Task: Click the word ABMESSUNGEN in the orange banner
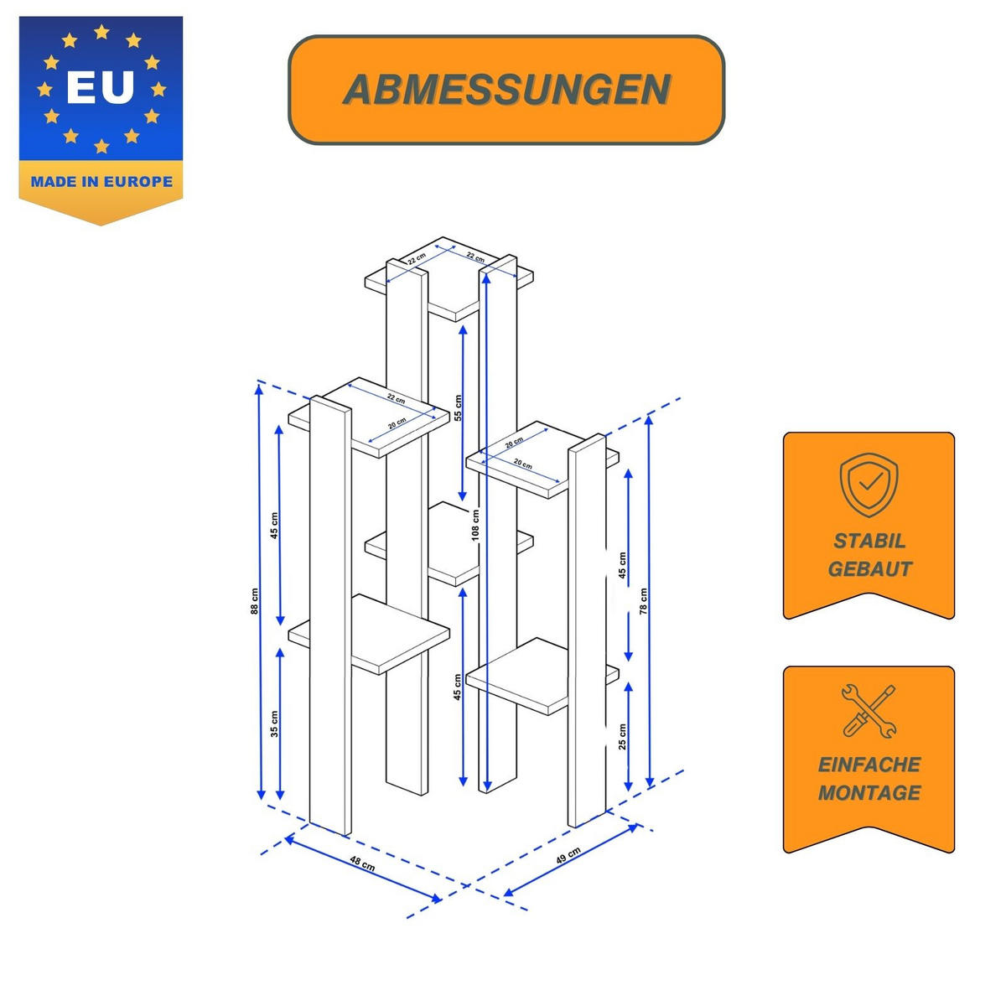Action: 506,89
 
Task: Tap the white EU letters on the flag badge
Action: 101,87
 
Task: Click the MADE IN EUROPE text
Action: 101,182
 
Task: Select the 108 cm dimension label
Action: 475,525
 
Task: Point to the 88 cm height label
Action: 254,601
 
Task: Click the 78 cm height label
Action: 643,601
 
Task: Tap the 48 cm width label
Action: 362,863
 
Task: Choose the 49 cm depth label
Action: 568,856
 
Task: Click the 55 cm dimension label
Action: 458,407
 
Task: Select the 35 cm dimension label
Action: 275,723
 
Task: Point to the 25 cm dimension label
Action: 622,737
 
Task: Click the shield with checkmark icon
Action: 869,485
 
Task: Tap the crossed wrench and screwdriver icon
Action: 869,711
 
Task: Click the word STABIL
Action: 869,541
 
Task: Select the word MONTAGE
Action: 869,792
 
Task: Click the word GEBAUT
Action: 869,568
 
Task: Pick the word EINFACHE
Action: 869,765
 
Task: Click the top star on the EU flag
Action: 101,32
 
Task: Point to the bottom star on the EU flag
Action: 101,146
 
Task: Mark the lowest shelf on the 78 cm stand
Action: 542,675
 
